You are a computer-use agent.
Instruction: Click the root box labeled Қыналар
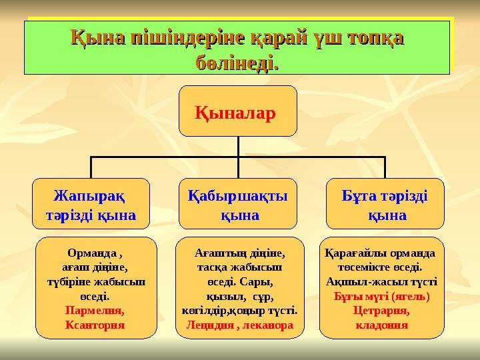[x=238, y=111]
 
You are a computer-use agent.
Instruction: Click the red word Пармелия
[x=95, y=311]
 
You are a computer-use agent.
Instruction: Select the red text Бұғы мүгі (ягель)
[x=381, y=296]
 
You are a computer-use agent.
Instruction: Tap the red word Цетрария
[x=381, y=311]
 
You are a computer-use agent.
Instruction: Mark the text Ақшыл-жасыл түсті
[x=381, y=282]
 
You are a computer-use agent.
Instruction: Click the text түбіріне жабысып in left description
[x=95, y=282]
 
